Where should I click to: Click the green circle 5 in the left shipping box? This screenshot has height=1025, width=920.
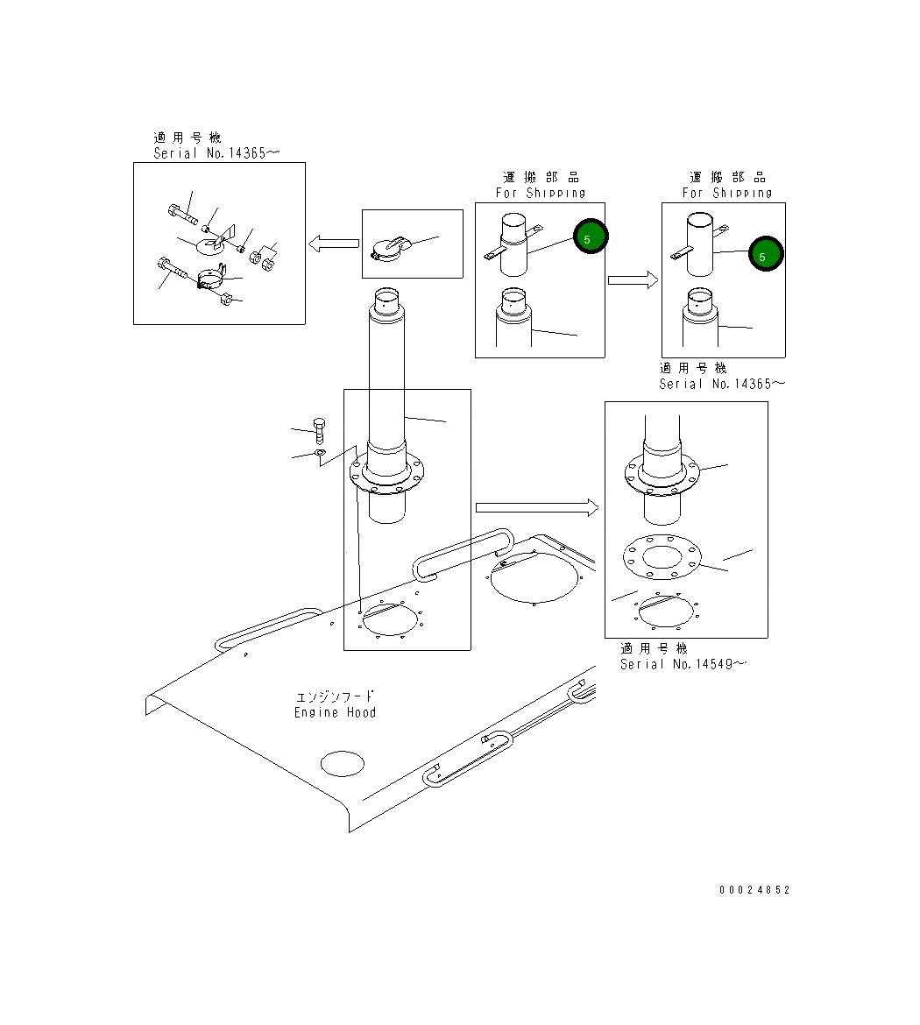click(x=590, y=237)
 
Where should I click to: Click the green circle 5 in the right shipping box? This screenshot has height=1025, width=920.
click(x=766, y=255)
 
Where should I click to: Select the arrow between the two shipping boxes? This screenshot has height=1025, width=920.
click(x=633, y=280)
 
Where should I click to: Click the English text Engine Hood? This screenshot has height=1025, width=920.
click(x=336, y=713)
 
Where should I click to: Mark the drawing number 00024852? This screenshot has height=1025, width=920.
click(x=754, y=890)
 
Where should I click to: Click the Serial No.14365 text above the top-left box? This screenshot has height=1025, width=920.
click(x=216, y=152)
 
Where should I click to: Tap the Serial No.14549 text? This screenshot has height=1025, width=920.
click(x=683, y=664)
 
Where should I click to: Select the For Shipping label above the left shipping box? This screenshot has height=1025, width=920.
click(x=541, y=193)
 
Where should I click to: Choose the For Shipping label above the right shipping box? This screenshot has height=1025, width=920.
click(x=727, y=193)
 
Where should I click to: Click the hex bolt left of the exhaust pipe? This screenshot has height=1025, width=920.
click(x=320, y=430)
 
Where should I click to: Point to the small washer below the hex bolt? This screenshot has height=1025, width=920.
click(x=321, y=453)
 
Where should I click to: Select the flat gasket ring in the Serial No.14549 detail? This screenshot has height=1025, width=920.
click(x=663, y=557)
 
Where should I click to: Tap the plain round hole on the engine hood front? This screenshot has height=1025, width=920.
click(x=342, y=763)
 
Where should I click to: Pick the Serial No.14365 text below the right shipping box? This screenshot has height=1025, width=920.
click(x=722, y=384)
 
